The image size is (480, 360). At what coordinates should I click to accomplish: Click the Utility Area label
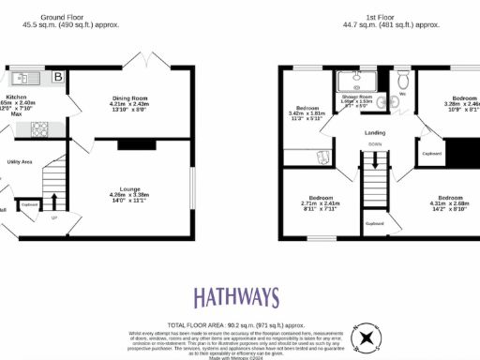tap(21, 161)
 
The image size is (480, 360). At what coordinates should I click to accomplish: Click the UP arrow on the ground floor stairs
tap(52, 200)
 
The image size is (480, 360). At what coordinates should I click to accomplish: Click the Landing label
tap(375, 132)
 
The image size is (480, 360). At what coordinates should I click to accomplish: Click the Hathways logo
tap(236, 298)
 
